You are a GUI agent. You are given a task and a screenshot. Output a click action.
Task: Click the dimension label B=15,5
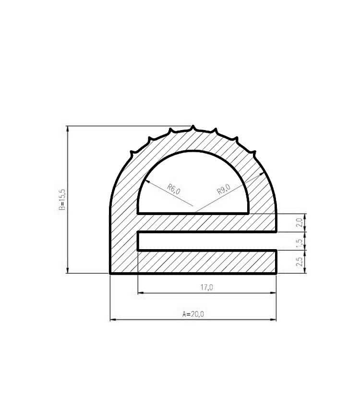click(62, 199)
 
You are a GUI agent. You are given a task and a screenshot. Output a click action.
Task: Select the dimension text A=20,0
click(193, 314)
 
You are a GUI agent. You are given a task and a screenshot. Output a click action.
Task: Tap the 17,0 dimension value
click(207, 287)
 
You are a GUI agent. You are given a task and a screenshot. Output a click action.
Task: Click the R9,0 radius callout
click(224, 189)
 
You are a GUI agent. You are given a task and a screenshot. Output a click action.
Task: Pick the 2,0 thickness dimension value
click(299, 223)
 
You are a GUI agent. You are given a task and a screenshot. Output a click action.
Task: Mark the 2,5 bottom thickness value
click(299, 262)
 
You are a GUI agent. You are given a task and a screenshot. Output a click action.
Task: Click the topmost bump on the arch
click(193, 128)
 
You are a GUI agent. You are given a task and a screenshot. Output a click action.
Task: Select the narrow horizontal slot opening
click(206, 241)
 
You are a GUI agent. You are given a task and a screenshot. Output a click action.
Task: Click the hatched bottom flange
click(206, 262)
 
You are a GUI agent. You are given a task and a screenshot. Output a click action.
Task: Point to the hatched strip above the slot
click(206, 223)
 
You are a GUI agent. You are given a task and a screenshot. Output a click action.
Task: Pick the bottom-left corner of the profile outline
click(111, 273)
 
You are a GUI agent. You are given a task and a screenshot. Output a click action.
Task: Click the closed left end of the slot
click(139, 241)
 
